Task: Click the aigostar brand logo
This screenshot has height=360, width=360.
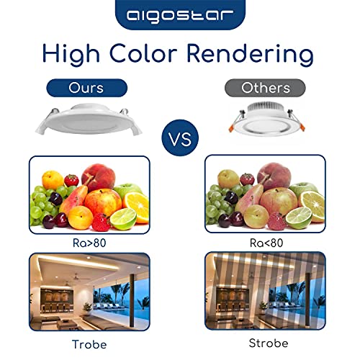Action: click(180, 16)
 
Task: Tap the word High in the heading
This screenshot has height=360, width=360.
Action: click(71, 54)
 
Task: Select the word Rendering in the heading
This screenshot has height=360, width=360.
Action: click(250, 54)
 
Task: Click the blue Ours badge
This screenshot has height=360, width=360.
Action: click(86, 88)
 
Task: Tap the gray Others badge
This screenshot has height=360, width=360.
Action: click(265, 88)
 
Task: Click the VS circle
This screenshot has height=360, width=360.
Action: click(180, 138)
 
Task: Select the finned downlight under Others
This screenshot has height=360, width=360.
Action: click(267, 117)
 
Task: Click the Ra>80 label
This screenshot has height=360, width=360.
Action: click(89, 243)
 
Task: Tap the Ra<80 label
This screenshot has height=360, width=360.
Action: click(266, 243)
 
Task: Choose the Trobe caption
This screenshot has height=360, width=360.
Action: click(89, 344)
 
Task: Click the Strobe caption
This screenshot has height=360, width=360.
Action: click(269, 343)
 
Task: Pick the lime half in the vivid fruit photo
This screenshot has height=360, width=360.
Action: click(124, 218)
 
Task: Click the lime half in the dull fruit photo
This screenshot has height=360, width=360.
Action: click(299, 217)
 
